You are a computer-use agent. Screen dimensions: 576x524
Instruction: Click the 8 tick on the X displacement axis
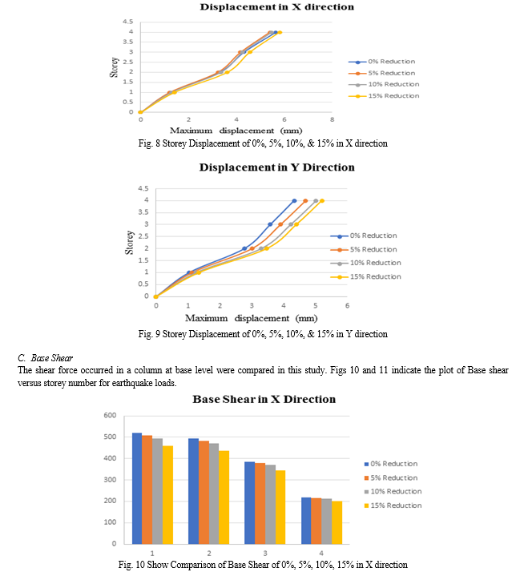point(332,119)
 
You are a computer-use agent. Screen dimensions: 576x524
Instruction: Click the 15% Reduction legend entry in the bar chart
point(393,506)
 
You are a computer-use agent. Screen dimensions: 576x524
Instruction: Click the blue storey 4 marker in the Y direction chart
point(294,200)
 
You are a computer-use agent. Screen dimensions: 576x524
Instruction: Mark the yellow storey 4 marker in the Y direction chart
point(322,200)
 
